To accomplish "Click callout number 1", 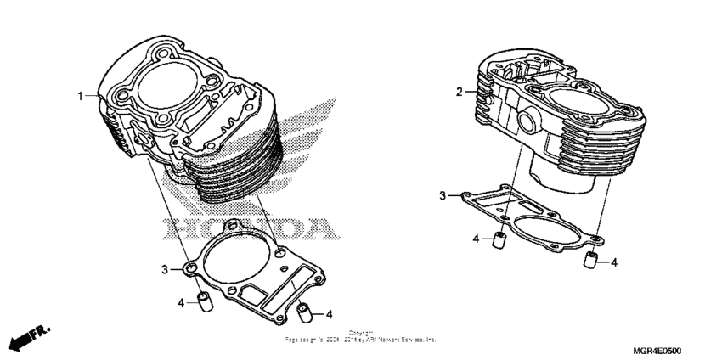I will point(82,96).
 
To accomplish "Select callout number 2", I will point(460,92).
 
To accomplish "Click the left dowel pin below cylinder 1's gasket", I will point(204,302).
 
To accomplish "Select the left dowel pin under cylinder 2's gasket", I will point(501,240).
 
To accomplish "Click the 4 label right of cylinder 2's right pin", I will point(613,262).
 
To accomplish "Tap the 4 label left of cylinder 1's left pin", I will point(182,302).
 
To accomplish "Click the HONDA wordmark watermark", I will point(246,228).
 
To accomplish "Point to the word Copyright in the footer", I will point(360,332).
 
